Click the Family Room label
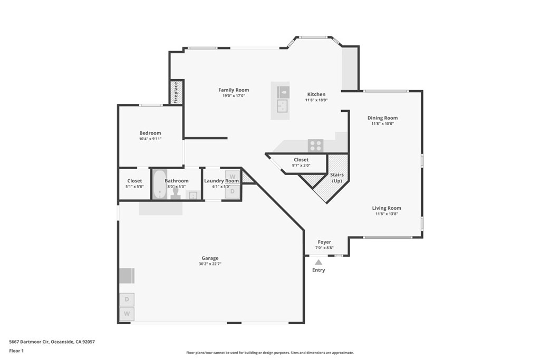[x=234, y=90]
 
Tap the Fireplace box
[x=176, y=92]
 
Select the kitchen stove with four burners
[x=315, y=145]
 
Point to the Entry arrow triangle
[x=319, y=262]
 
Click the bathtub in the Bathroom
[x=160, y=184]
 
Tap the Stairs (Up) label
[x=336, y=178]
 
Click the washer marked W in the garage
[x=127, y=314]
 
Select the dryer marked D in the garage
[x=127, y=299]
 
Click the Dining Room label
[x=382, y=118]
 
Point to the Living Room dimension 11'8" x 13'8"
[x=387, y=214]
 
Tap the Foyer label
[x=324, y=242]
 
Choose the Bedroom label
[x=150, y=133]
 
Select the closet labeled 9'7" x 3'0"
[x=301, y=162]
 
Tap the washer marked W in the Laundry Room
[x=233, y=177]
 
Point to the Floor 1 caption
[x=16, y=351]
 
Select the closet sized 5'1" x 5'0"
[x=134, y=183]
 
